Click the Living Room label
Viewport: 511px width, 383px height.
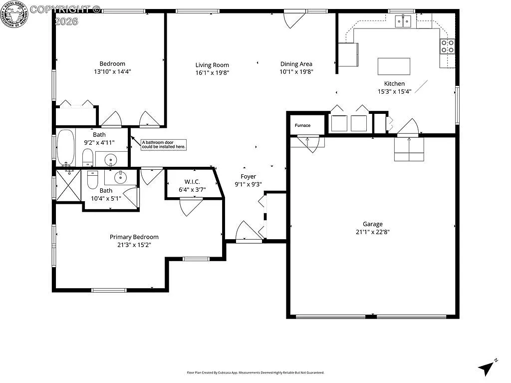[212, 65]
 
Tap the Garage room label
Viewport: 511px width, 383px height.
[373, 224]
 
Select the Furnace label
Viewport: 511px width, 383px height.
[302, 125]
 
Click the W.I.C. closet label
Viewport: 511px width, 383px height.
[192, 182]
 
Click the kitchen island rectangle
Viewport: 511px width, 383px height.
[394, 66]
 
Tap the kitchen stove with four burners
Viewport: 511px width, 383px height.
[447, 46]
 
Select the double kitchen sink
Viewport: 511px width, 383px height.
[403, 21]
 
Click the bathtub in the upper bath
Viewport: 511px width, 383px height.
[65, 147]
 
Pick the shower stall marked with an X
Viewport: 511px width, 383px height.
[68, 186]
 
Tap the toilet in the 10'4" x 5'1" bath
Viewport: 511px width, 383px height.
[93, 180]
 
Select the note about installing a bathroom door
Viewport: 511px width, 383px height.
[164, 144]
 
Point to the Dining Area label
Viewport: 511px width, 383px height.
[296, 64]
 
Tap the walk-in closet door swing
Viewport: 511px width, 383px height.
[191, 206]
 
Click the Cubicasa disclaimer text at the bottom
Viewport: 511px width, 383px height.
[255, 373]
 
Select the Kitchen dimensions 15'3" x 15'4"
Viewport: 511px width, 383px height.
[394, 91]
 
